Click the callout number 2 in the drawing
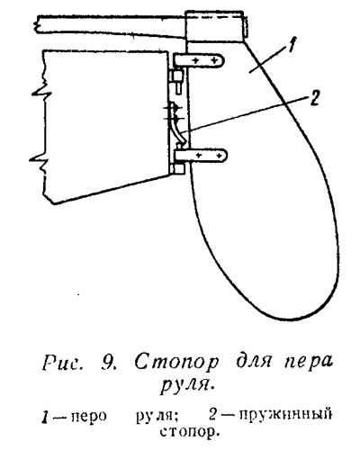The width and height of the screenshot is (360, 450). click(312, 99)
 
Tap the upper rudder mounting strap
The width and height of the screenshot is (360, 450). click(199, 60)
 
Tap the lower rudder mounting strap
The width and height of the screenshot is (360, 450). click(201, 156)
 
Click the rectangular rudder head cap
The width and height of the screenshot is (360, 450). click(214, 26)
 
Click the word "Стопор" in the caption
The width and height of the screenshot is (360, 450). click(176, 363)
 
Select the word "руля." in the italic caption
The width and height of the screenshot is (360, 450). click(188, 386)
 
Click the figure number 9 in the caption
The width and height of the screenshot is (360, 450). click(107, 363)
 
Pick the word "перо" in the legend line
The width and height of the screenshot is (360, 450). click(88, 417)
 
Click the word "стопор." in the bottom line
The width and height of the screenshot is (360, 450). click(188, 432)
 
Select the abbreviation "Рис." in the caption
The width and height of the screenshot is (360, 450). click(63, 363)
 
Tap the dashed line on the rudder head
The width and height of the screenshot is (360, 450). click(214, 18)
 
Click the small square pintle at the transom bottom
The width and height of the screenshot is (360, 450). click(177, 168)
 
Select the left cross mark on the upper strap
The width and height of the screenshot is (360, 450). click(195, 60)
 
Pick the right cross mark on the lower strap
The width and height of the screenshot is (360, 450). click(220, 156)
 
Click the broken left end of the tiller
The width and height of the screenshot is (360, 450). click(39, 24)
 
